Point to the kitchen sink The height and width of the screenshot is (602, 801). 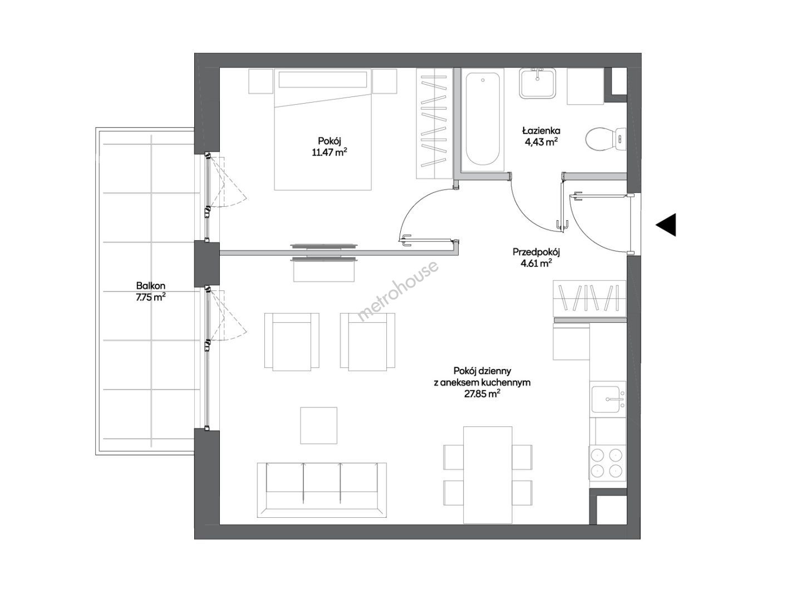point(608,399)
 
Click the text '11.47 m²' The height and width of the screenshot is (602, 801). point(329,152)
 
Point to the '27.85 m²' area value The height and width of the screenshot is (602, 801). point(481,394)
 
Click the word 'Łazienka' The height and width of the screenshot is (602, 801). point(541,130)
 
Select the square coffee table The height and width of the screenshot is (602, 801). point(318,425)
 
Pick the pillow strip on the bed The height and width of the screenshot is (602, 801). point(323,79)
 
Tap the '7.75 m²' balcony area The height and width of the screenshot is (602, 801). point(151,297)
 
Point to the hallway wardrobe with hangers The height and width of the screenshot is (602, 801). point(589,298)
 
